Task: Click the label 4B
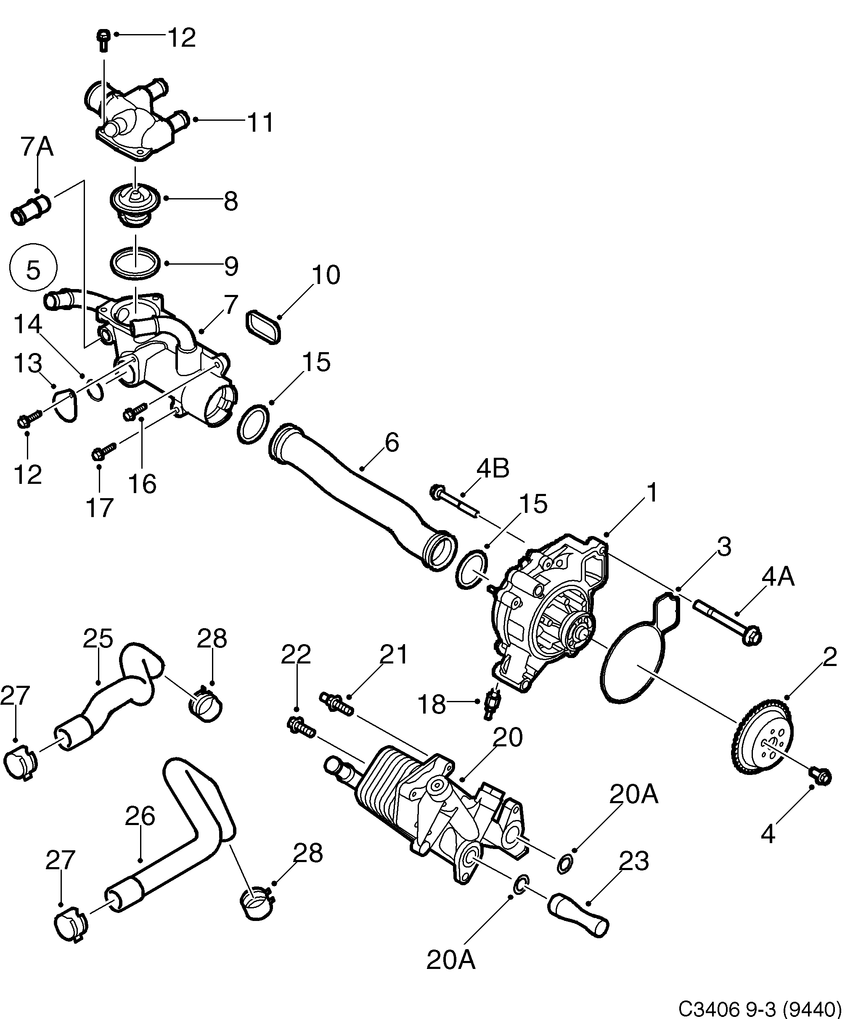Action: click(493, 468)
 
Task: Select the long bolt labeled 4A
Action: click(727, 624)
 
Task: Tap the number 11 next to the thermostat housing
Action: click(260, 122)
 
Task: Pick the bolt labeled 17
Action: click(103, 452)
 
